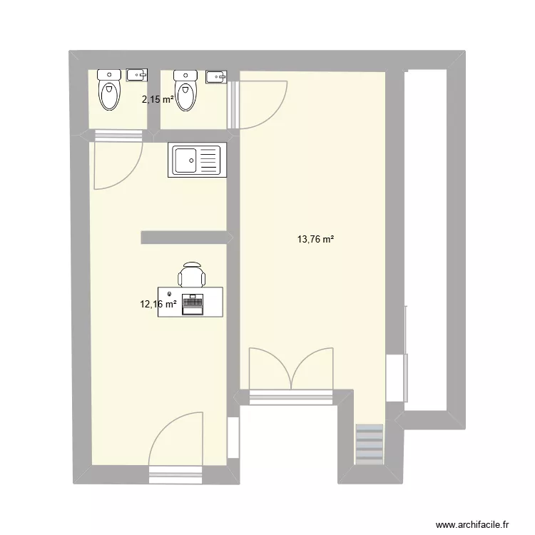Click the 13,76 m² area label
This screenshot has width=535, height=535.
click(x=316, y=240)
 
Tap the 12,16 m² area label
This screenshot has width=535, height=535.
click(x=158, y=304)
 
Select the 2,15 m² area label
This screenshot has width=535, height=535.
click(x=158, y=100)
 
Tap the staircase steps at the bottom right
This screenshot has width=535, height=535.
click(x=370, y=444)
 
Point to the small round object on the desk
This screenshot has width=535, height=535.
click(x=169, y=294)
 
